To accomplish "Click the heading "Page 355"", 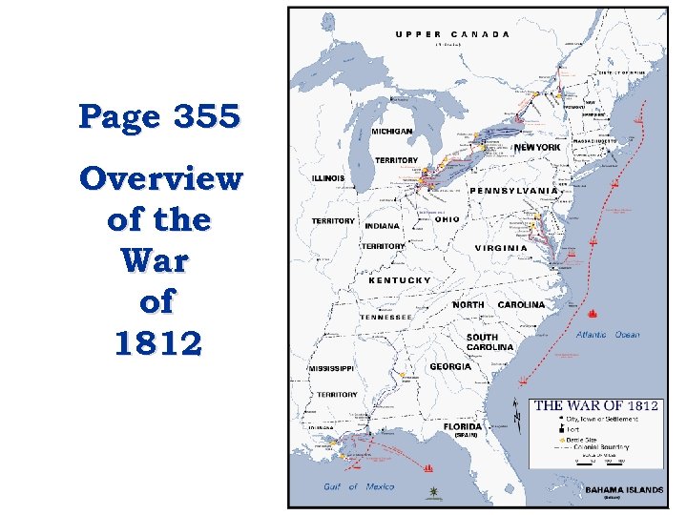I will point(159,117).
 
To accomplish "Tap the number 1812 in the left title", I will point(158,342).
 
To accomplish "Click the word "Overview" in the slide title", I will point(160,178).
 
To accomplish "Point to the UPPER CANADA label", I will point(452,34).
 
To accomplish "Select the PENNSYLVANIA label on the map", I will point(513,191).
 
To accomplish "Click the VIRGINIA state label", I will point(501,248).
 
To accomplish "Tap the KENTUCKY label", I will point(400,280).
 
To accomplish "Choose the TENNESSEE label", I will point(386,317).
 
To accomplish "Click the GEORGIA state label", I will point(450,366).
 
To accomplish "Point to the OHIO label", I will point(447,219).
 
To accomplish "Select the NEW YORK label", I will point(537,148).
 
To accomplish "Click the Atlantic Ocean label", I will point(608,335).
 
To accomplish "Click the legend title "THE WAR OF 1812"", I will point(595,405).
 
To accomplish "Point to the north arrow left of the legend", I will point(517,413).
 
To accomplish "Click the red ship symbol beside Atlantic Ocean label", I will point(593,314).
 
